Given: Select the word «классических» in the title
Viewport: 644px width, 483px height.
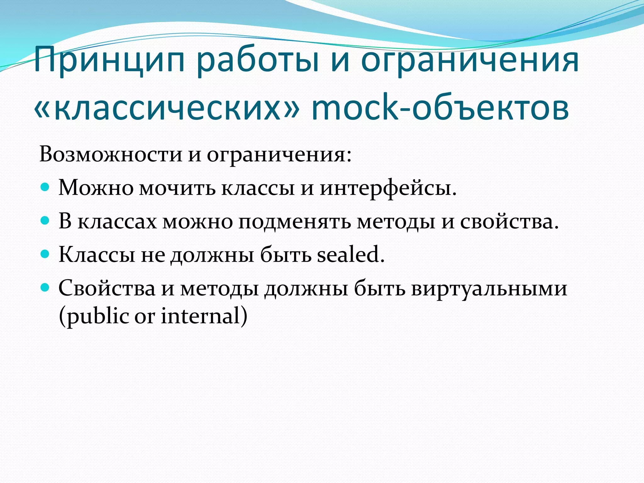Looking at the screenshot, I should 167,108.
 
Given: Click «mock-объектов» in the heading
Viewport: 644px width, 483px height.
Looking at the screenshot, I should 440,108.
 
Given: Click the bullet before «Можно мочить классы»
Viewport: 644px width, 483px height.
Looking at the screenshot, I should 45,188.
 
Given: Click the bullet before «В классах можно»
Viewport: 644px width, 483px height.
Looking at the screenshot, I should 45,221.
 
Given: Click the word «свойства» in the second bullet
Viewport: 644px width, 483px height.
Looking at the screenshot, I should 509,221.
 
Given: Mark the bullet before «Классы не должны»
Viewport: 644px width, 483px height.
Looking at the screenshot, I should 45,254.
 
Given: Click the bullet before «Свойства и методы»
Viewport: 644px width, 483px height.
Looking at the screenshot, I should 45,287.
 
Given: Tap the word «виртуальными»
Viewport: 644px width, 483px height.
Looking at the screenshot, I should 489,288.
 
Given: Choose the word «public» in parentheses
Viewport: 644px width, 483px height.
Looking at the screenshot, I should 97,316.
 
